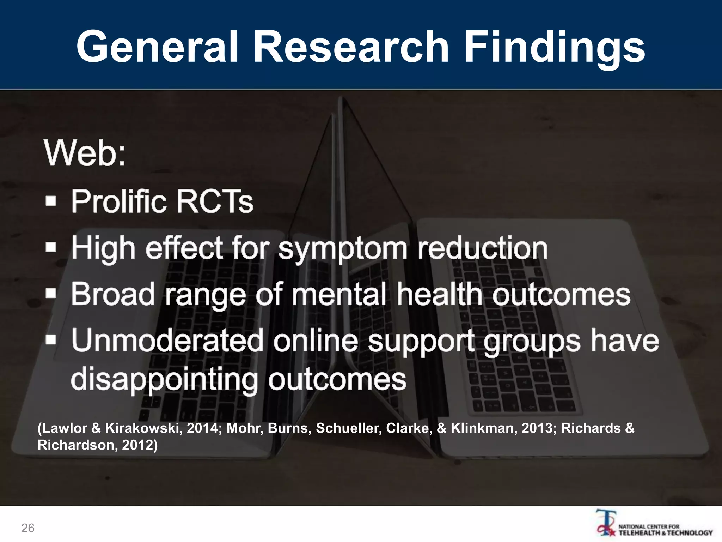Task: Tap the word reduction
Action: coord(483,248)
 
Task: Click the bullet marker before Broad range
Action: coord(51,294)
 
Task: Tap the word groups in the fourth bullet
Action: coord(532,341)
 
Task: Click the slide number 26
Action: coord(28,528)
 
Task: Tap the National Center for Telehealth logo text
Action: coord(665,530)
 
